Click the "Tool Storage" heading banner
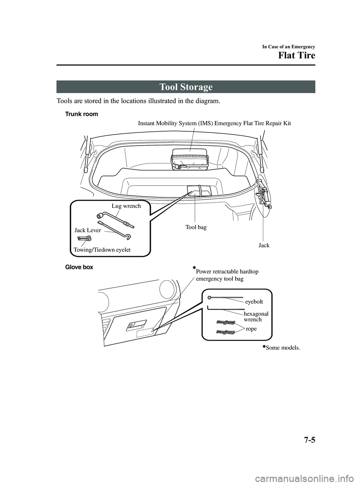(x=186, y=87)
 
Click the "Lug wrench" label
(x=126, y=206)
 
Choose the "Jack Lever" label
(x=87, y=230)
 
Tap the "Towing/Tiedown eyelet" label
(x=102, y=249)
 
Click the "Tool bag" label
(x=196, y=227)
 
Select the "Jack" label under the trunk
(x=264, y=245)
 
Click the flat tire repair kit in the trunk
(x=190, y=159)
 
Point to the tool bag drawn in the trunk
(x=199, y=191)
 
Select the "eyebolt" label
(x=254, y=301)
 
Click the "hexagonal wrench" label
(x=256, y=316)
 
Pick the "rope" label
(x=251, y=329)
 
